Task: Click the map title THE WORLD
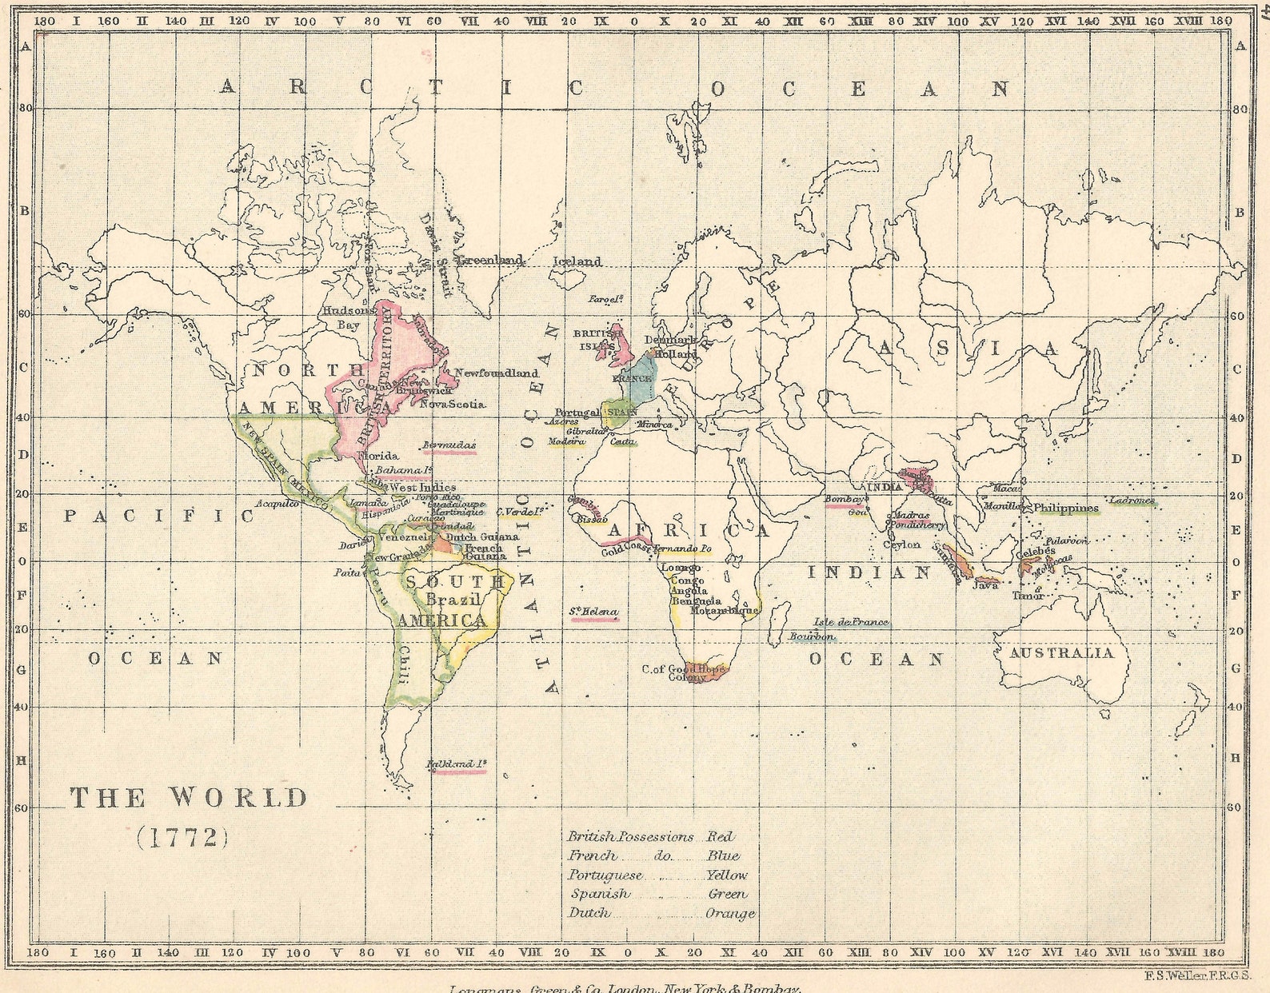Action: point(189,798)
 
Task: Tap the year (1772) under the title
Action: point(183,837)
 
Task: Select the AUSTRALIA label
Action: point(1060,653)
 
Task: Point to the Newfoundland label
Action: point(496,373)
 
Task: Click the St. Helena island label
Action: point(593,613)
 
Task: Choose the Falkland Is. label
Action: point(456,764)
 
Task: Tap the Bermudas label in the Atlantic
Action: point(449,445)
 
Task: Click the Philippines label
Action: point(1065,508)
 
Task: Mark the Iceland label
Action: point(577,261)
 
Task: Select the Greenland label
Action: point(490,260)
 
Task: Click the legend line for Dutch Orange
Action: point(661,913)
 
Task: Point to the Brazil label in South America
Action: point(452,600)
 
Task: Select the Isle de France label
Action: point(850,622)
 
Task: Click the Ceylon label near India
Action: point(901,545)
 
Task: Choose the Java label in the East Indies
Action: point(984,585)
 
